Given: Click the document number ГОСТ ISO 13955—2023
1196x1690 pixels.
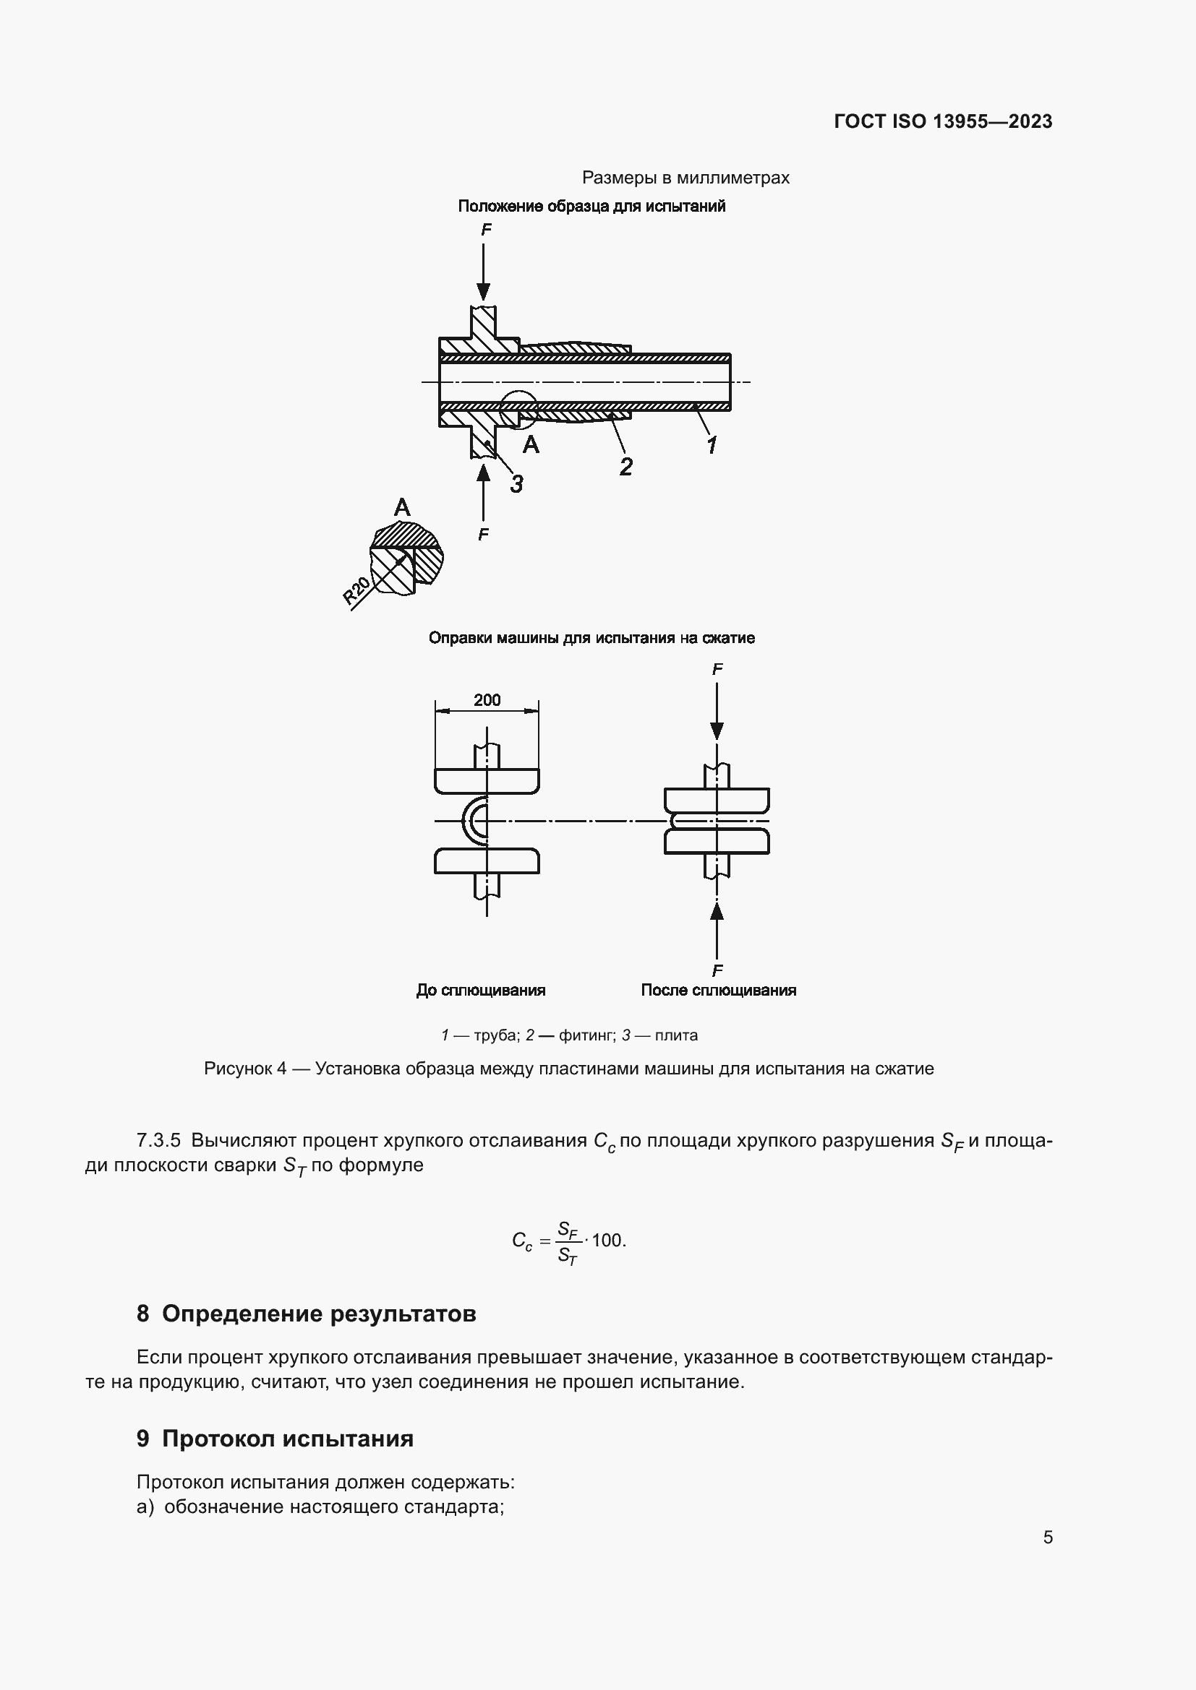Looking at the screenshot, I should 943,121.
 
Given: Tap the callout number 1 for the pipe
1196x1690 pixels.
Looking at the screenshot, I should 712,444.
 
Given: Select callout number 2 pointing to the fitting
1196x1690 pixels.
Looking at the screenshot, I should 625,466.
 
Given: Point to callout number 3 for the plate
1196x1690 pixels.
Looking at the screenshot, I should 517,483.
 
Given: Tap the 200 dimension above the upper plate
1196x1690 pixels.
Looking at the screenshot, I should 487,700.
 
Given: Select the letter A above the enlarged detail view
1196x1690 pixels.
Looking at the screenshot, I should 401,507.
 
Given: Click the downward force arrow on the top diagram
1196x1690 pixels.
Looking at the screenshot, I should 483,272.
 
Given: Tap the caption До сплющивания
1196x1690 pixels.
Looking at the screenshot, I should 480,990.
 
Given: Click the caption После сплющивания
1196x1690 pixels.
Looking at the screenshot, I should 718,990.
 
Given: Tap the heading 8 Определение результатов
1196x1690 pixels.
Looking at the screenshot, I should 307,1314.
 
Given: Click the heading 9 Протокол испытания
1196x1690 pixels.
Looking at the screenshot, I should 275,1439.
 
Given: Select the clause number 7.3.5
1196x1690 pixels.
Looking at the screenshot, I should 158,1141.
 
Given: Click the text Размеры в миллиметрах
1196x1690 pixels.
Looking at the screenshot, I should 685,178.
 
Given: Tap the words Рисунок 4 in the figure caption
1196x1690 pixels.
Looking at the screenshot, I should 244,1069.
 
